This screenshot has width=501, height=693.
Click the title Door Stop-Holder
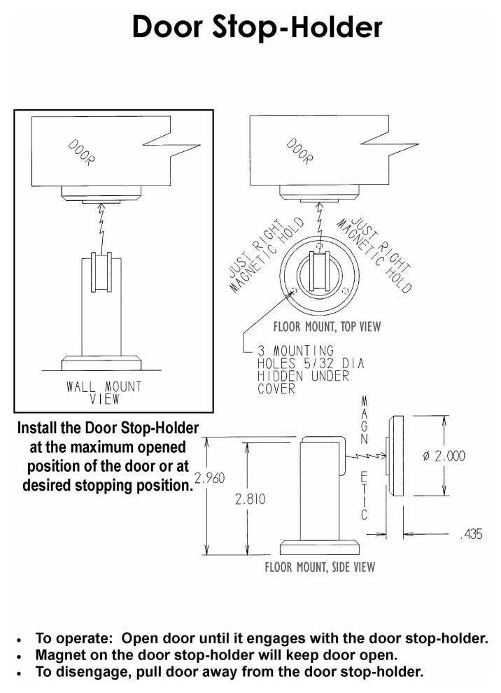click(x=257, y=27)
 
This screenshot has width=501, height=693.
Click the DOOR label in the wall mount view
click(x=81, y=153)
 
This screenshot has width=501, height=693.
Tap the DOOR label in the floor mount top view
click(x=300, y=152)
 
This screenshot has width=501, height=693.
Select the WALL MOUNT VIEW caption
click(x=104, y=393)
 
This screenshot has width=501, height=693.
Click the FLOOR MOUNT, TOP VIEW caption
click(x=327, y=327)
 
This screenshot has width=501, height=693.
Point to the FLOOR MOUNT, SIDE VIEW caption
click(x=320, y=566)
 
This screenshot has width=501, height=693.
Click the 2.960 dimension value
click(x=209, y=478)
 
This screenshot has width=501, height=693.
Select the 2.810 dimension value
click(x=250, y=499)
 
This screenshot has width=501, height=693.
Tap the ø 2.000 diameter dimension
click(x=444, y=456)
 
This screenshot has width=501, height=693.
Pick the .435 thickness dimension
click(x=472, y=534)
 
